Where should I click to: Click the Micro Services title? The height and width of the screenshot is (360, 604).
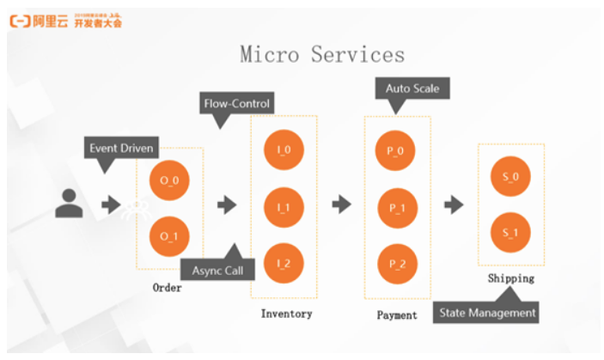click(322, 55)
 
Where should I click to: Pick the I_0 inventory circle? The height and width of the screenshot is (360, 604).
click(284, 149)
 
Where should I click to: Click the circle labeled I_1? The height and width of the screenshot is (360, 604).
click(284, 207)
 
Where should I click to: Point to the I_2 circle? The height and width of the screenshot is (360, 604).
click(284, 264)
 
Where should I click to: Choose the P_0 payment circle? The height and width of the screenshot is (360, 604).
click(396, 151)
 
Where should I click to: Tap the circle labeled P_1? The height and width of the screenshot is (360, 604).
click(396, 208)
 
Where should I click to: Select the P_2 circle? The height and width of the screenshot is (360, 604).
click(396, 264)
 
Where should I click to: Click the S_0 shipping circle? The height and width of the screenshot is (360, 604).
click(510, 177)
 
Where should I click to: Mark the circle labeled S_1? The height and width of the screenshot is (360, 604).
click(510, 232)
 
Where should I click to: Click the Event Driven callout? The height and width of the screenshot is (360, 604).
click(121, 148)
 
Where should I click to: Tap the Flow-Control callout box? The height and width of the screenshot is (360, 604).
click(236, 104)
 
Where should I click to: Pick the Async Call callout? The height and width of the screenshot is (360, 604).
click(217, 270)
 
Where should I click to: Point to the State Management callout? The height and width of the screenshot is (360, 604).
click(487, 313)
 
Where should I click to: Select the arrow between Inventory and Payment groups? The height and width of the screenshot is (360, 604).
click(342, 204)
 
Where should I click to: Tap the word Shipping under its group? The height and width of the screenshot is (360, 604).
click(510, 278)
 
